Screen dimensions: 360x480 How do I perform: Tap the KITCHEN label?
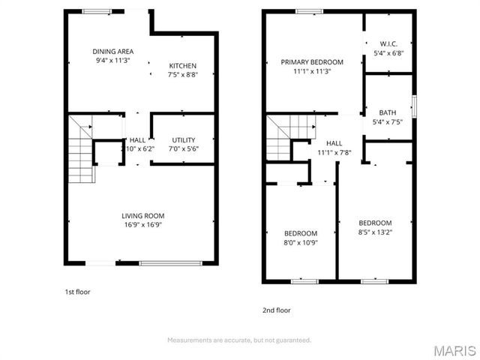183,65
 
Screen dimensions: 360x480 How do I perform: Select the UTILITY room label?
184,139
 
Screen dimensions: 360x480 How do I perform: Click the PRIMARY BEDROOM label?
312,61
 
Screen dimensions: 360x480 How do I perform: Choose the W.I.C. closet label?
388,43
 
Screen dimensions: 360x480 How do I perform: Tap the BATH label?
388,112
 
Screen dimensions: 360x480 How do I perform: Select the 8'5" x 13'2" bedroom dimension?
375,232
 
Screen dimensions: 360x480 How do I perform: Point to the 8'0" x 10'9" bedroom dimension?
301,242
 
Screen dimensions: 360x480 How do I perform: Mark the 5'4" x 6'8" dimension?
388,52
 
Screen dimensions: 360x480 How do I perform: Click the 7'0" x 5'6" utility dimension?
184,148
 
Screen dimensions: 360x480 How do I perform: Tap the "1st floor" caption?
77,292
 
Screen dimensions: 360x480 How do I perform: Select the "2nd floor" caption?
277,310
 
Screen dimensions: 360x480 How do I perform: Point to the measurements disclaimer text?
238,340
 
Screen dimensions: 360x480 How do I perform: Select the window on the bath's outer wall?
413,106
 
